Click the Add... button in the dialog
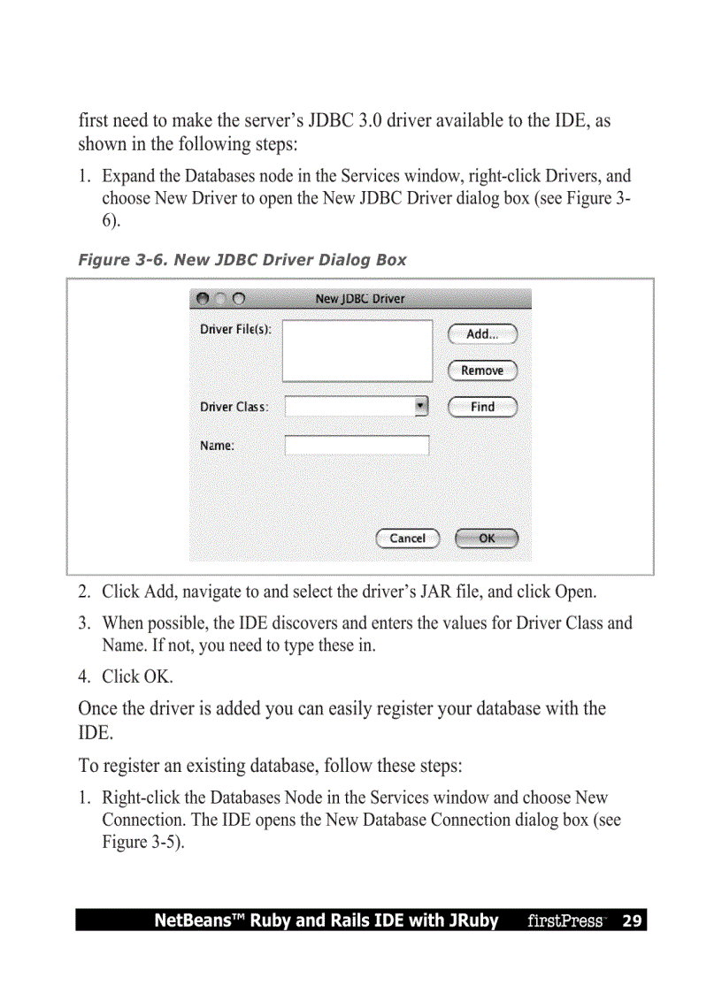click(x=482, y=334)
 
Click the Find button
click(x=482, y=407)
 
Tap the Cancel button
click(x=407, y=539)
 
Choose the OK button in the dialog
click(x=487, y=539)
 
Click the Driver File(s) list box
click(x=357, y=351)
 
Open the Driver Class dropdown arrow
click(x=421, y=407)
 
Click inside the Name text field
click(x=357, y=446)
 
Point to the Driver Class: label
click(x=234, y=408)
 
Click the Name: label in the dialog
click(x=218, y=446)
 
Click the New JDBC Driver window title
click(x=360, y=299)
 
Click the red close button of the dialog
click(x=203, y=299)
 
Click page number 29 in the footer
click(x=632, y=920)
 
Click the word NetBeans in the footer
click(x=188, y=920)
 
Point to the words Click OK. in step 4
click(x=137, y=676)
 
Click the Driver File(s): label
click(x=235, y=329)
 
